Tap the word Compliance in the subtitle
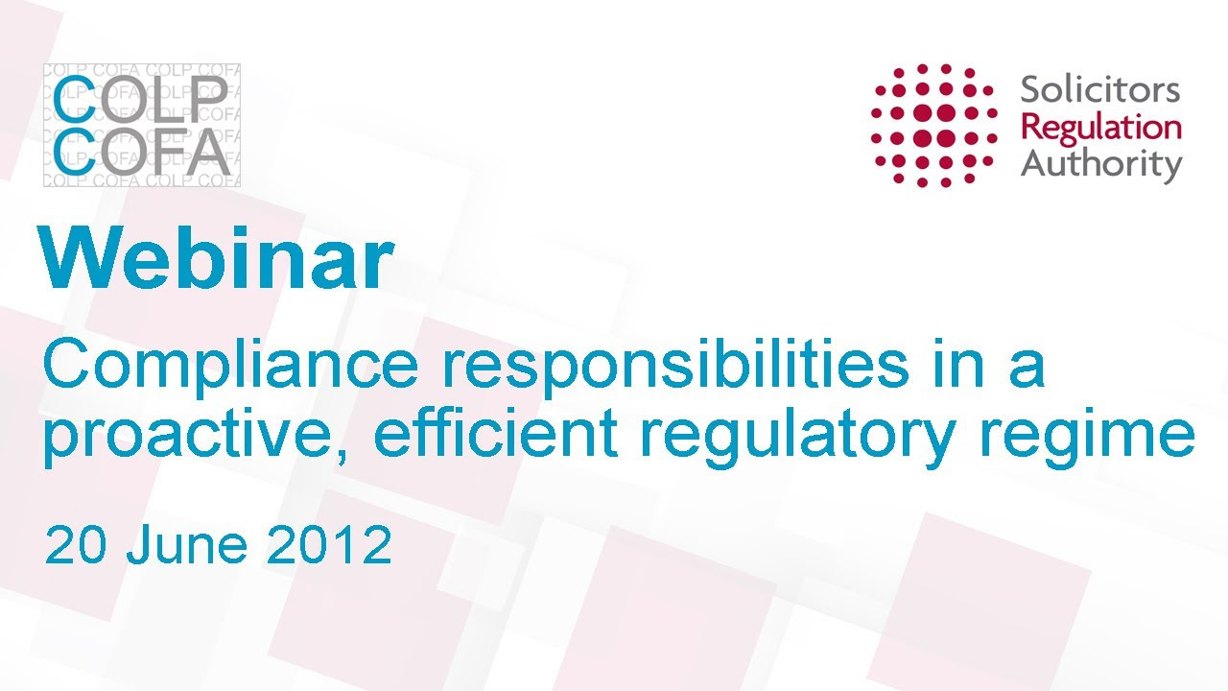pyautogui.click(x=231, y=365)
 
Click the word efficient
pyautogui.click(x=496, y=433)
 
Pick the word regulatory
pyautogui.click(x=797, y=437)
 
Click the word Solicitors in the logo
pyautogui.click(x=1099, y=89)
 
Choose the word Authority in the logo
pyautogui.click(x=1100, y=165)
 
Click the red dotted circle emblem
pyautogui.click(x=934, y=125)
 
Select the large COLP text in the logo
pyautogui.click(x=140, y=99)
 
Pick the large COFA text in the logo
pyautogui.click(x=141, y=151)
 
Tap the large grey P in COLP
pyautogui.click(x=209, y=99)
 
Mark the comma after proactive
pyautogui.click(x=342, y=455)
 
